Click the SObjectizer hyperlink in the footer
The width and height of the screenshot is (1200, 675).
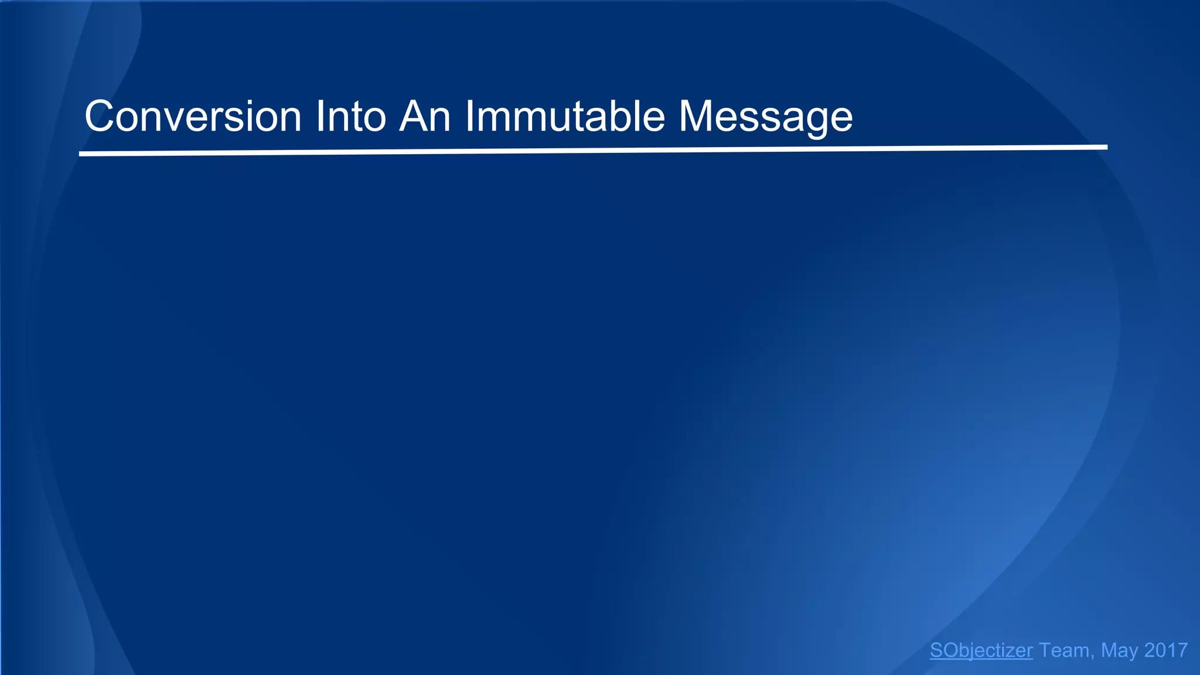click(981, 650)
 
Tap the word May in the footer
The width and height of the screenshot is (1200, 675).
click(1119, 650)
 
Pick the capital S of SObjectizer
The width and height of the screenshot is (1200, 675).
click(936, 650)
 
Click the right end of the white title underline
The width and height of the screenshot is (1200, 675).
click(1105, 147)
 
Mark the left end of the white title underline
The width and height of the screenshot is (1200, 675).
click(81, 154)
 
